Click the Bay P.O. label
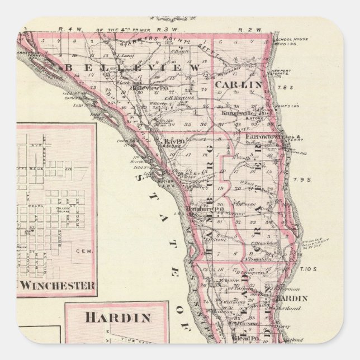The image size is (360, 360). (173, 142)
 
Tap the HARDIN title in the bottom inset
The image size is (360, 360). (118, 318)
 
